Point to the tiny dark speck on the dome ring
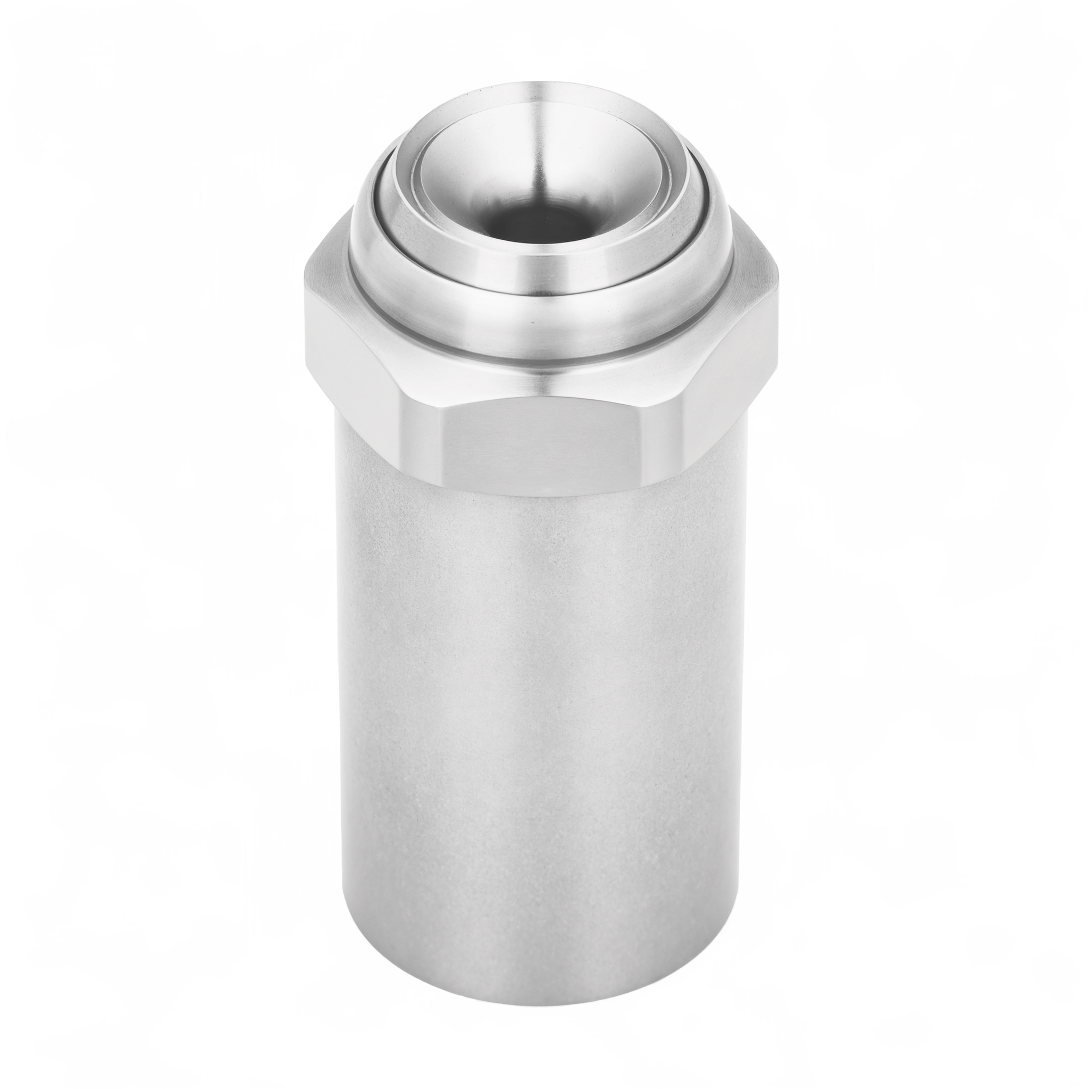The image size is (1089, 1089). click(x=532, y=323)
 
